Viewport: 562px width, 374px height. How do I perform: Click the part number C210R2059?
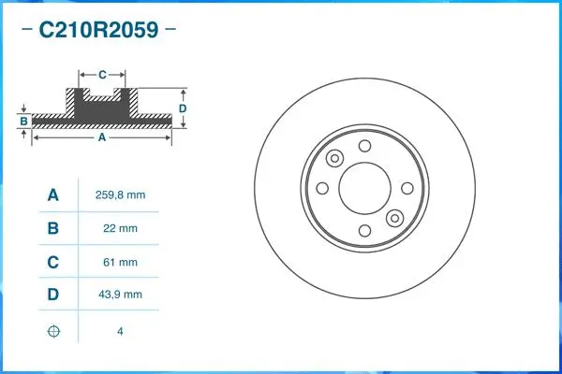pos(97,30)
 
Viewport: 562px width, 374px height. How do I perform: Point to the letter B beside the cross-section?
pos(23,121)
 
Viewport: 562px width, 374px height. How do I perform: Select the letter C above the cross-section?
pos(102,72)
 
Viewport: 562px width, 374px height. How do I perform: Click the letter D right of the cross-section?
pos(183,108)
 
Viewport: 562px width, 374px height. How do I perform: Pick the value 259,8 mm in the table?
pos(120,194)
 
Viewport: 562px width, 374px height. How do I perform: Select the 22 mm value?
pos(120,228)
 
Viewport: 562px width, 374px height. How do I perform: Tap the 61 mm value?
pos(120,262)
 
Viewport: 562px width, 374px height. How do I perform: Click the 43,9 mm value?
pos(120,295)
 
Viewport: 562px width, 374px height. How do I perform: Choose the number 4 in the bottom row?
pos(120,331)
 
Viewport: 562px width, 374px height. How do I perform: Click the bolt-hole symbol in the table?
pos(53,331)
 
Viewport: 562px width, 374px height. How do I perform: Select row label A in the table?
pos(53,194)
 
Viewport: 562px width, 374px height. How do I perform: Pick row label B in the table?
pos(53,228)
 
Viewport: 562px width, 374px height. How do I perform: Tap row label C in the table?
pos(53,262)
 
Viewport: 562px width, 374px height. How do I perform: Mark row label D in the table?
pos(53,295)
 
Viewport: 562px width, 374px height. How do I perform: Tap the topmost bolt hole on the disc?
pos(364,145)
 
